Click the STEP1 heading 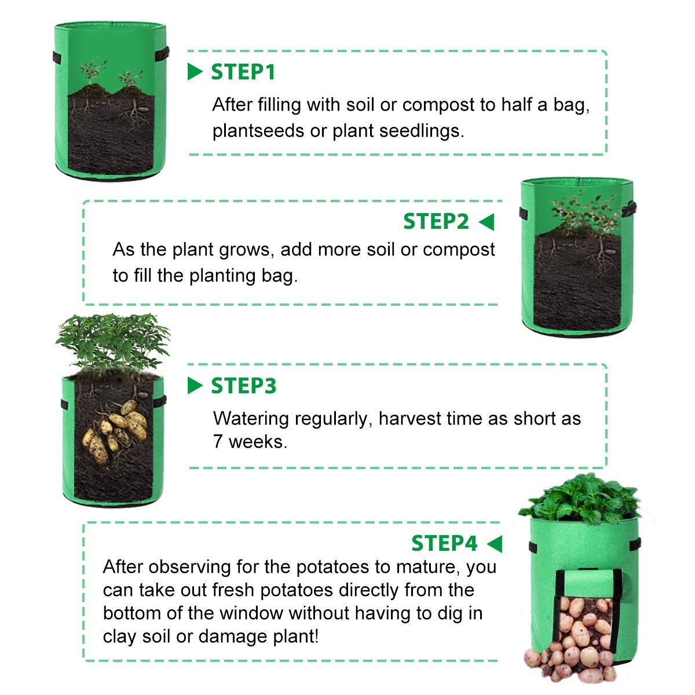(243, 72)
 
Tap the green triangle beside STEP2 (487, 222)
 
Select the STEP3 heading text (243, 386)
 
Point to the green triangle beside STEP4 (494, 544)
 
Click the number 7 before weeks (218, 442)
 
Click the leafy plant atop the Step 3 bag (113, 342)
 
